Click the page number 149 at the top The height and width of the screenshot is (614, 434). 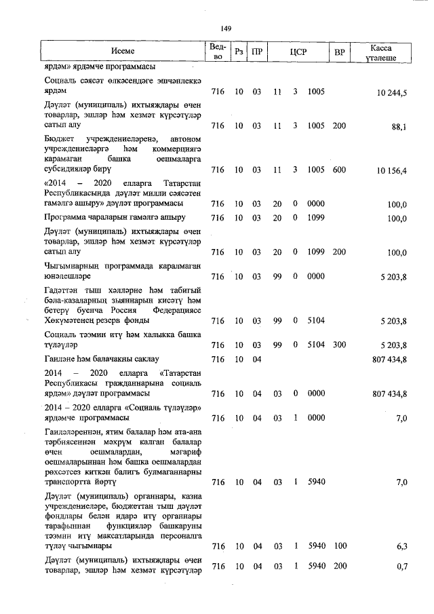tap(226, 28)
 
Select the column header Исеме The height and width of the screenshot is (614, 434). tap(123, 52)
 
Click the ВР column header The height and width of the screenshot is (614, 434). tap(339, 52)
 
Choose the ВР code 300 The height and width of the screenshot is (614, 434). tap(339, 345)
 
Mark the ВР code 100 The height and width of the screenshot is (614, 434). tap(339, 545)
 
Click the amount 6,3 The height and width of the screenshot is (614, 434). tap(400, 545)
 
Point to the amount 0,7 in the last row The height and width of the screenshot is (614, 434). tap(400, 567)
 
